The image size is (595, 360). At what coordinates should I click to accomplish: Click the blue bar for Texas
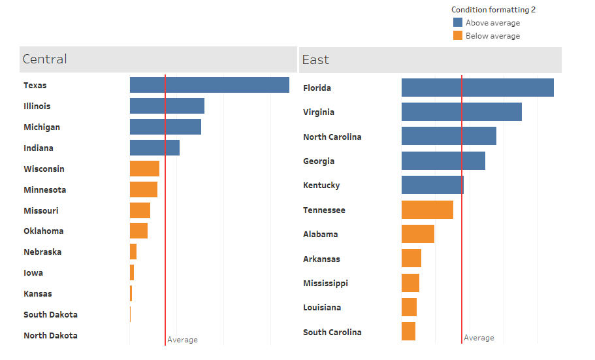[x=209, y=85]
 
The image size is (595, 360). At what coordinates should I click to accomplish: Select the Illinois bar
[x=167, y=106]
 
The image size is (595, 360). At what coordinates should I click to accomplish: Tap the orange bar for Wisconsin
[x=144, y=169]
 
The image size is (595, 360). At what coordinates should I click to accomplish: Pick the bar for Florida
[x=477, y=88]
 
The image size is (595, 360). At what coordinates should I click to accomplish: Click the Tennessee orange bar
[x=427, y=210]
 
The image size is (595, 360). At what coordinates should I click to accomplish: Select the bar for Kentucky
[x=432, y=185]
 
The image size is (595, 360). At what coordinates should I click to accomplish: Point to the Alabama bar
[x=417, y=234]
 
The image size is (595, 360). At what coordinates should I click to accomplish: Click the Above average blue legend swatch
[x=458, y=23]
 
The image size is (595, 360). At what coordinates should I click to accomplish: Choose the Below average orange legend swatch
[x=458, y=36]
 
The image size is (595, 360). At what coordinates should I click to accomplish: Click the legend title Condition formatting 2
[x=493, y=10]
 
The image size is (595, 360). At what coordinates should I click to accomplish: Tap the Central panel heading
[x=44, y=59]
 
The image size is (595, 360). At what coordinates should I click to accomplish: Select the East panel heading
[x=315, y=60]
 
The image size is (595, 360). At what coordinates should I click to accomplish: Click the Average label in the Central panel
[x=182, y=340]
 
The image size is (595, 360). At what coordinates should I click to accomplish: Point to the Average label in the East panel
[x=479, y=338]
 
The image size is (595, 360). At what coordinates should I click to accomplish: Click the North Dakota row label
[x=50, y=335]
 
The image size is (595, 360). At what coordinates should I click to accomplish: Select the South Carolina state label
[x=332, y=332]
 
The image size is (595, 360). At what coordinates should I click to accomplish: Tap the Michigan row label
[x=41, y=127]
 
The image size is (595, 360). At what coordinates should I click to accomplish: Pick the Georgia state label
[x=319, y=161]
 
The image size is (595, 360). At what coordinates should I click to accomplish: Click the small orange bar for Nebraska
[x=133, y=252]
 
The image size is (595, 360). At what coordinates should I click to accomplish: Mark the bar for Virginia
[x=461, y=112]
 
